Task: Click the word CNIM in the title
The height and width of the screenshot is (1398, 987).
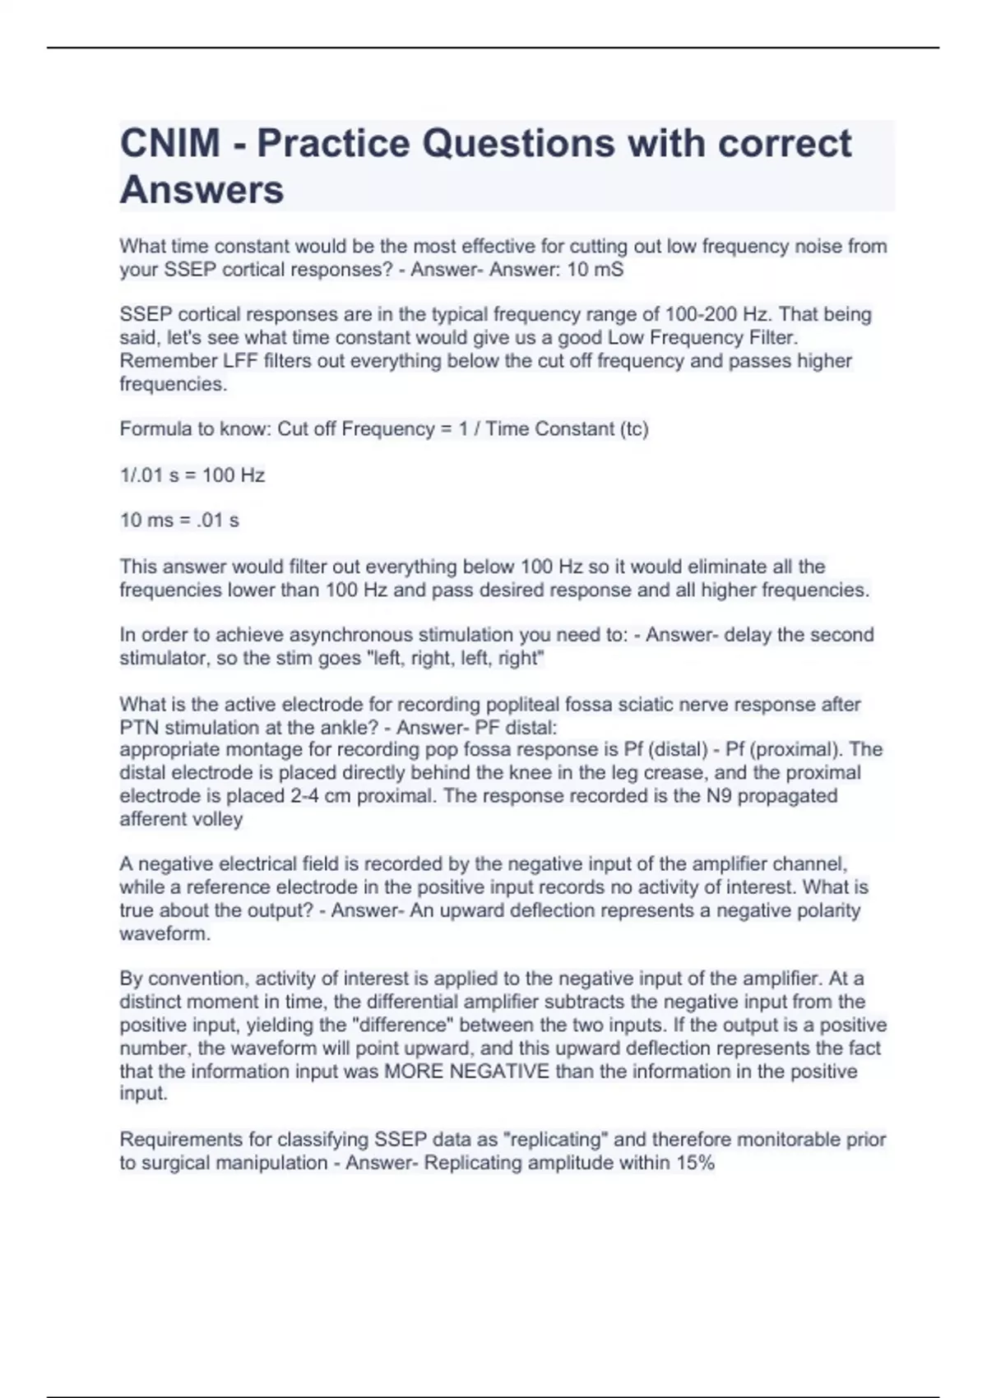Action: pos(170,144)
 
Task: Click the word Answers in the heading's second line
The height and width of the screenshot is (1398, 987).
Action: pos(202,190)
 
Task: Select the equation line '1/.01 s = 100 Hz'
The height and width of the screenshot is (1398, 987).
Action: pos(192,475)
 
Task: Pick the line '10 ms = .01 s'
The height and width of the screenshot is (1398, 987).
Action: pos(179,521)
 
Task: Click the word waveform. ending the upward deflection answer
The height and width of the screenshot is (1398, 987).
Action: pos(164,934)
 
